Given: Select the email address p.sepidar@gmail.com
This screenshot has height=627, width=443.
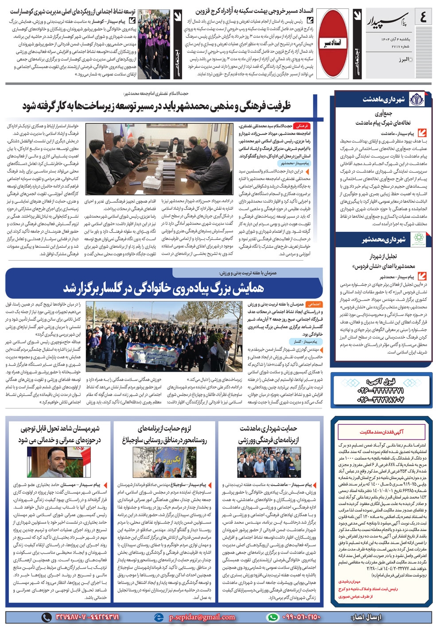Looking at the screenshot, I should [x=202, y=617].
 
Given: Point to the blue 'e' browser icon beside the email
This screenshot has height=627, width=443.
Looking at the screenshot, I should [x=158, y=617].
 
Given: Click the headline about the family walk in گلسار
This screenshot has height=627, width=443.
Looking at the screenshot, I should [x=164, y=288].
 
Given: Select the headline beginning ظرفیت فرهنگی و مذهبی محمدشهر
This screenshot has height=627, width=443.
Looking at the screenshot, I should [x=157, y=106].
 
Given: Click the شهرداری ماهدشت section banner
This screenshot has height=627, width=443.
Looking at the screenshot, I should [x=384, y=100].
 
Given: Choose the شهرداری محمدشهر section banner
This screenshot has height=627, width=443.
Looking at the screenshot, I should [x=384, y=239].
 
